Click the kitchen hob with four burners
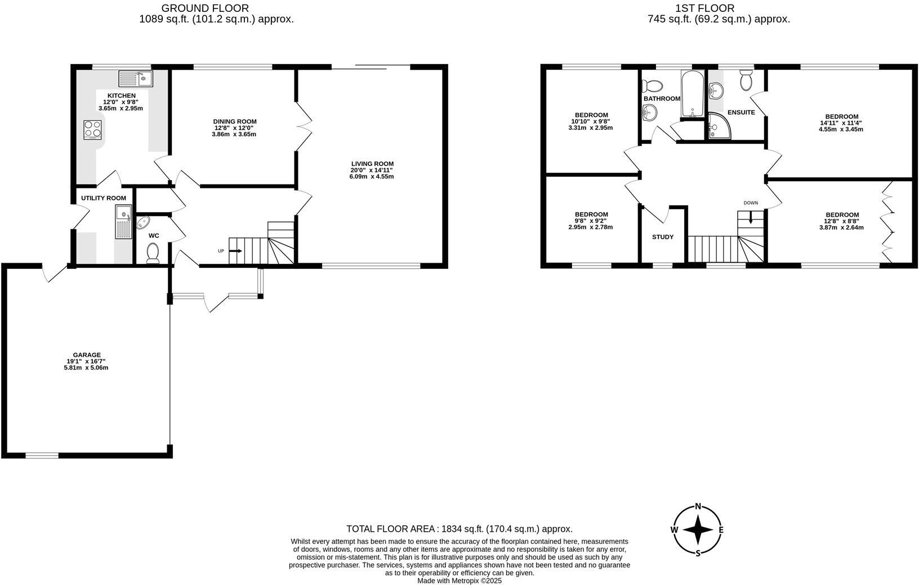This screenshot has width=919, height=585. click(x=93, y=130)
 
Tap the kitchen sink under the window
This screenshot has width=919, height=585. click(x=136, y=78)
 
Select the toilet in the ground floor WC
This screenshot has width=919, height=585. click(x=153, y=253)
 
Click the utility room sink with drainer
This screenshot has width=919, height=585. click(x=123, y=222)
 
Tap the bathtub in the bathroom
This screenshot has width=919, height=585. click(x=692, y=94)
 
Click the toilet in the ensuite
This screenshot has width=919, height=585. click(x=747, y=80)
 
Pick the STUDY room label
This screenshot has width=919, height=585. click(x=662, y=237)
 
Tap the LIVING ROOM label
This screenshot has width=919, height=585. click(x=371, y=164)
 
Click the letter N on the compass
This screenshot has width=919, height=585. click(x=698, y=506)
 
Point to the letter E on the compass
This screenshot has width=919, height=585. click(x=721, y=529)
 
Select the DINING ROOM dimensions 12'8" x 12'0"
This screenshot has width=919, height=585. click(x=234, y=128)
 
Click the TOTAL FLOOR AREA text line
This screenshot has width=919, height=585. click(x=459, y=529)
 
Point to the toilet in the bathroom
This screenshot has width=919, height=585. click(x=653, y=85)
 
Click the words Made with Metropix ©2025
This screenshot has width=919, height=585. click(x=459, y=580)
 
